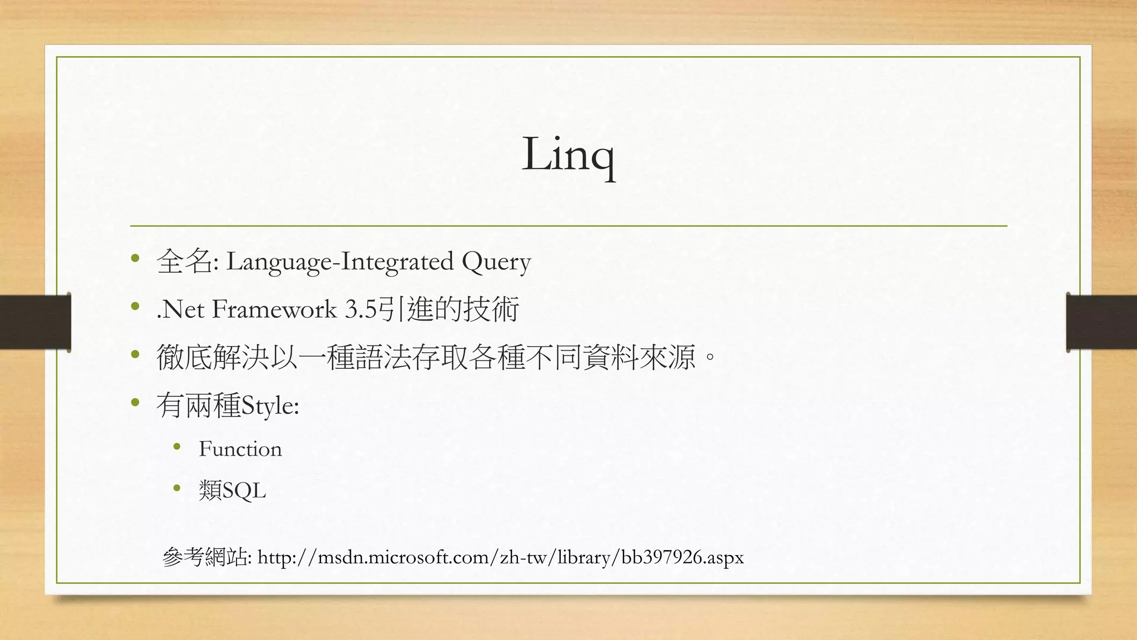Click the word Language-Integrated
[340, 262]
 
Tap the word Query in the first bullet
[496, 262]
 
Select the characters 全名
[184, 261]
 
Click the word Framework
[274, 309]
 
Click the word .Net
[180, 309]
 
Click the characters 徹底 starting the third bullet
[185, 357]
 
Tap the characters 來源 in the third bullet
[668, 357]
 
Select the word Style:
[271, 406]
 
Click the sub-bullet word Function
[240, 449]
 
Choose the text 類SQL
[233, 491]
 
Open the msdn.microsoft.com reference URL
[500, 557]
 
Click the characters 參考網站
[205, 557]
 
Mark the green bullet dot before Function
[177, 447]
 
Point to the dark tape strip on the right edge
[1101, 322]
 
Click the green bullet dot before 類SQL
[177, 488]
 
